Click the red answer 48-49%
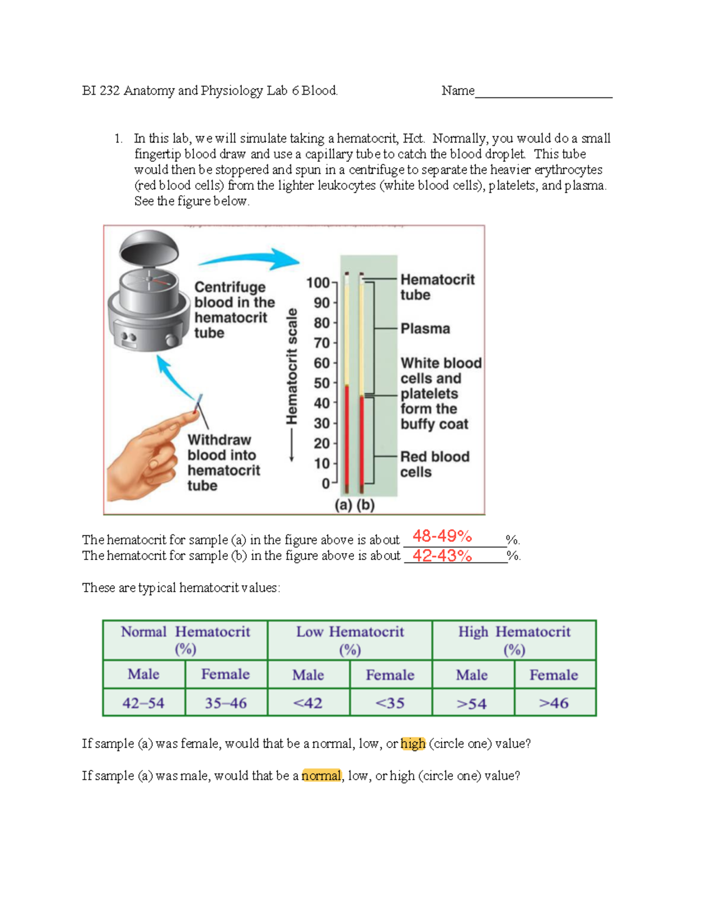coord(442,536)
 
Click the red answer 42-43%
coord(442,555)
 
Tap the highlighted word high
coord(413,743)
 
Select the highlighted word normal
coord(321,776)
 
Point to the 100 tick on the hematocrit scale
coord(319,283)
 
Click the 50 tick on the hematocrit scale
coord(322,383)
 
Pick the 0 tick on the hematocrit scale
coord(327,484)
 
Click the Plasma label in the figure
coord(425,329)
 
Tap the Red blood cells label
coord(435,464)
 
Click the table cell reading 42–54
coord(144,703)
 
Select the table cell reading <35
coord(390,703)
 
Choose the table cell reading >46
coord(554,703)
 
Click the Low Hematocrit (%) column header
coord(350,640)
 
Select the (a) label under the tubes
coord(343,505)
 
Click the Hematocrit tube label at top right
coord(437,287)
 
